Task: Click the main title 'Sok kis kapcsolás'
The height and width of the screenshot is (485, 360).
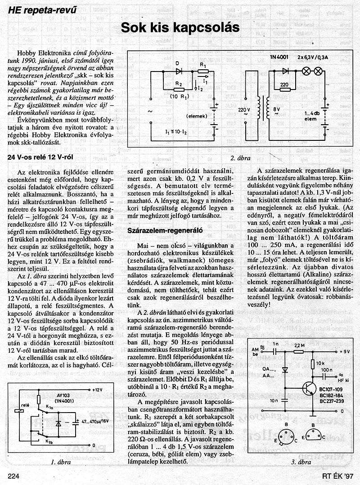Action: click(180, 28)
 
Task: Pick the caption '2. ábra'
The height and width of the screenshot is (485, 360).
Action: click(240, 158)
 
